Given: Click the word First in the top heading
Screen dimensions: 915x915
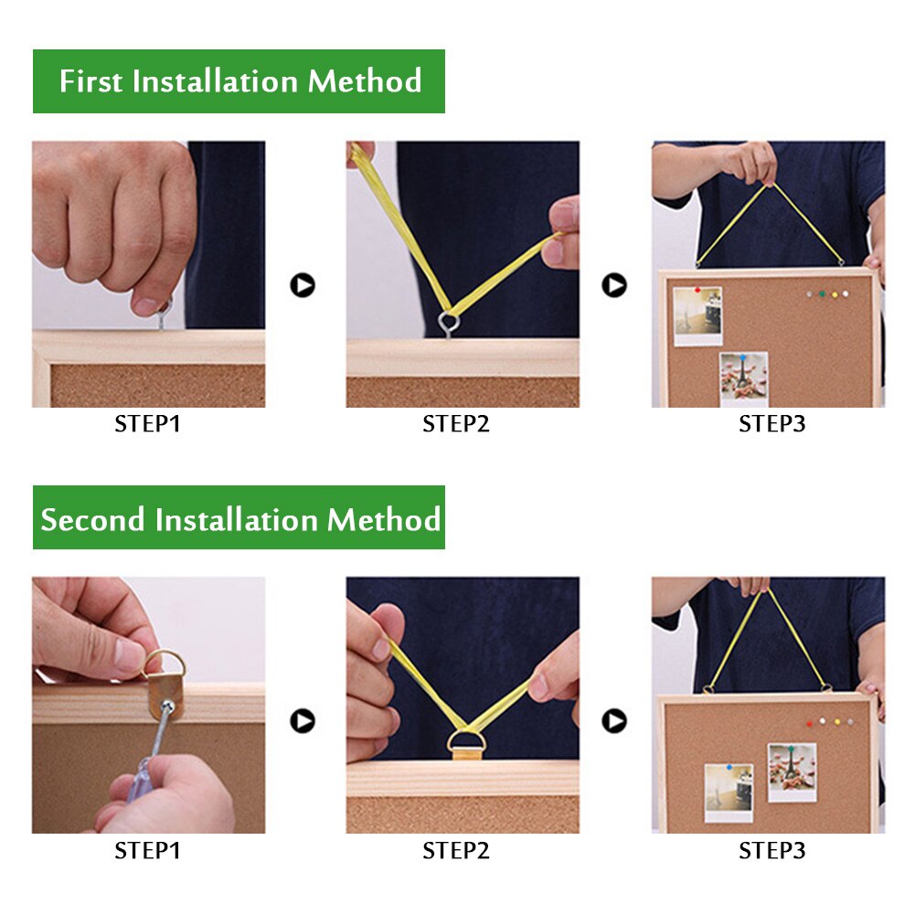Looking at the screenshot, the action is (90, 80).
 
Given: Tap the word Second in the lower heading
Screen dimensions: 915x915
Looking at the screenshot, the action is (93, 519).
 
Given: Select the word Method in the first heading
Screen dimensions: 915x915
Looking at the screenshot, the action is (364, 80).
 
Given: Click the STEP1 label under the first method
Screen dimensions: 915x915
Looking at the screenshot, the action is (148, 423).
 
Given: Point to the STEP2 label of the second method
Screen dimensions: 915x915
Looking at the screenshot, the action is (456, 851).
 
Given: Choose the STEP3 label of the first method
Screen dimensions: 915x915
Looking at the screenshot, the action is (772, 423).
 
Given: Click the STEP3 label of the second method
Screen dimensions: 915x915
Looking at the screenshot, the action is (772, 851).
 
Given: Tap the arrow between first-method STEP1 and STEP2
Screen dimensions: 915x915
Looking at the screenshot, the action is (303, 285).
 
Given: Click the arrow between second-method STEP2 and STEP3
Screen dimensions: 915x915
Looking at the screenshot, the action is (614, 720).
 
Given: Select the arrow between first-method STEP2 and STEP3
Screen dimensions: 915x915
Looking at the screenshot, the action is (614, 285).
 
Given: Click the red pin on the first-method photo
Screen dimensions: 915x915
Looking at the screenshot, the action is (697, 290).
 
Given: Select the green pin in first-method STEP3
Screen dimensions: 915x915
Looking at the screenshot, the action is (822, 293).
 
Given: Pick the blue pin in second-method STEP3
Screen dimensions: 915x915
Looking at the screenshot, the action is (729, 766).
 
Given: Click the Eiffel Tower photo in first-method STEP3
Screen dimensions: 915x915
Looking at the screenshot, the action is (743, 378).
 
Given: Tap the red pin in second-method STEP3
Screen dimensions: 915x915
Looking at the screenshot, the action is (809, 724).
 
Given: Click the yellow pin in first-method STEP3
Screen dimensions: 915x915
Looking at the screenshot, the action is (835, 294).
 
